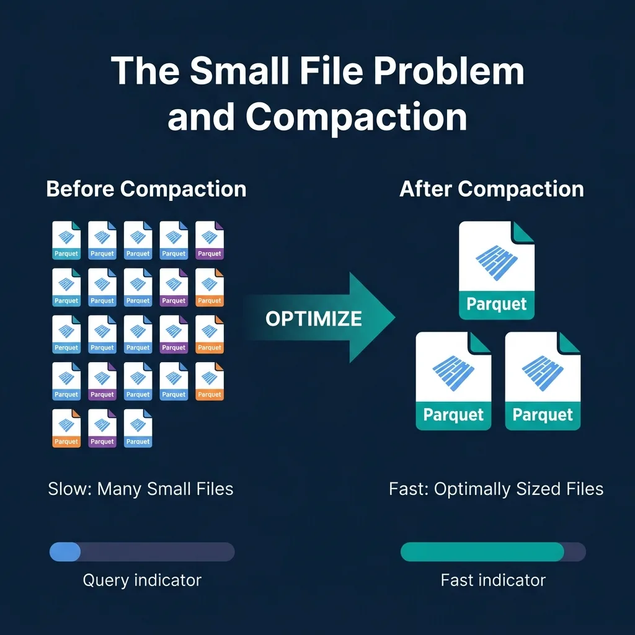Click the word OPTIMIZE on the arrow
(x=313, y=319)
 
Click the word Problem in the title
(x=449, y=71)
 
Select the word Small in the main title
(x=239, y=71)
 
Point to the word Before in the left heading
(x=80, y=189)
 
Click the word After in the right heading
(x=425, y=189)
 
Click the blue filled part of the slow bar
(x=64, y=551)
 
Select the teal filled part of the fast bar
(x=482, y=551)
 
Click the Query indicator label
(x=142, y=580)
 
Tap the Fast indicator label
(x=493, y=580)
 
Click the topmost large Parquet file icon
(x=497, y=270)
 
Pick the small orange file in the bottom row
(x=66, y=428)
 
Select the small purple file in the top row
(x=210, y=240)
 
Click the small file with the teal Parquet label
(x=66, y=240)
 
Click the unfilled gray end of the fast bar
(x=575, y=551)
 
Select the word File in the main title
(x=331, y=71)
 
